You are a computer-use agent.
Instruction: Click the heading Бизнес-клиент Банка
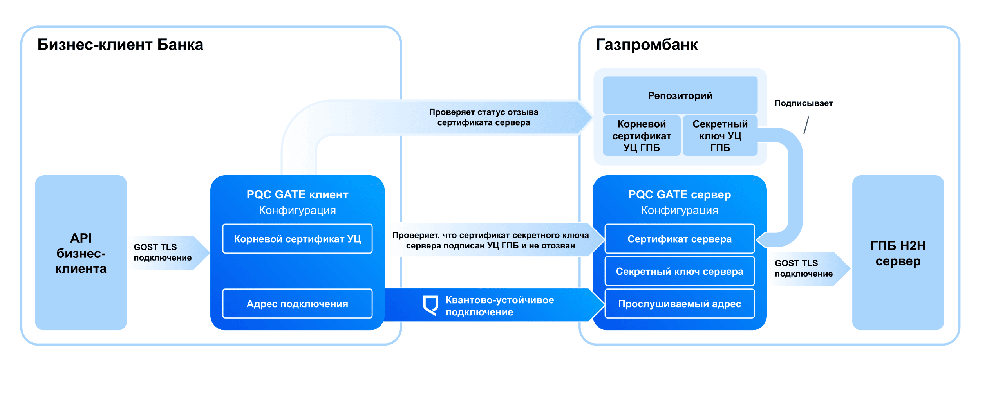pos(120,45)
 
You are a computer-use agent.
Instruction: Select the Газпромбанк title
pos(647,45)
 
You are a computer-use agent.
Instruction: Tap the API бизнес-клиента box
pos(81,253)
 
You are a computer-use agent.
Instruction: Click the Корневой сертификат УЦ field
pos(297,239)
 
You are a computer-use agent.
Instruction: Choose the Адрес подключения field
pos(297,304)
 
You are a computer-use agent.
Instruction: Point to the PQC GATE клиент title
pos(297,194)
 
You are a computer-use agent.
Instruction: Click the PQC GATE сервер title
pos(680,194)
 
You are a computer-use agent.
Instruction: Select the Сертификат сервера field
pos(680,239)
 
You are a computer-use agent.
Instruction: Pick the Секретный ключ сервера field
pos(680,271)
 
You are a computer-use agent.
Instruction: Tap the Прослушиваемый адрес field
pos(680,304)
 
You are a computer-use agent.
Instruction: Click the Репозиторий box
pos(680,95)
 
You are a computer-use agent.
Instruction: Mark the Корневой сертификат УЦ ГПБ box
pos(642,136)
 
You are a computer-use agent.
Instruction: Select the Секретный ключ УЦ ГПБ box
pos(720,136)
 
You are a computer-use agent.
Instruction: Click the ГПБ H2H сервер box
pos(898,253)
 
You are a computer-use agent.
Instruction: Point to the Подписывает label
pos(803,103)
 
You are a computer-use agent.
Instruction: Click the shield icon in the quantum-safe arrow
pos(430,305)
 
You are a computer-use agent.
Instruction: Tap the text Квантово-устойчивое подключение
pos(499,306)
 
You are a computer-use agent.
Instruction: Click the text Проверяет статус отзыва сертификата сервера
pos(483,117)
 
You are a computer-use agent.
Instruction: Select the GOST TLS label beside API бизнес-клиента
pos(163,252)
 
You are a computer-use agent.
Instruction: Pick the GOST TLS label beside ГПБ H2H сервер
pos(803,268)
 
